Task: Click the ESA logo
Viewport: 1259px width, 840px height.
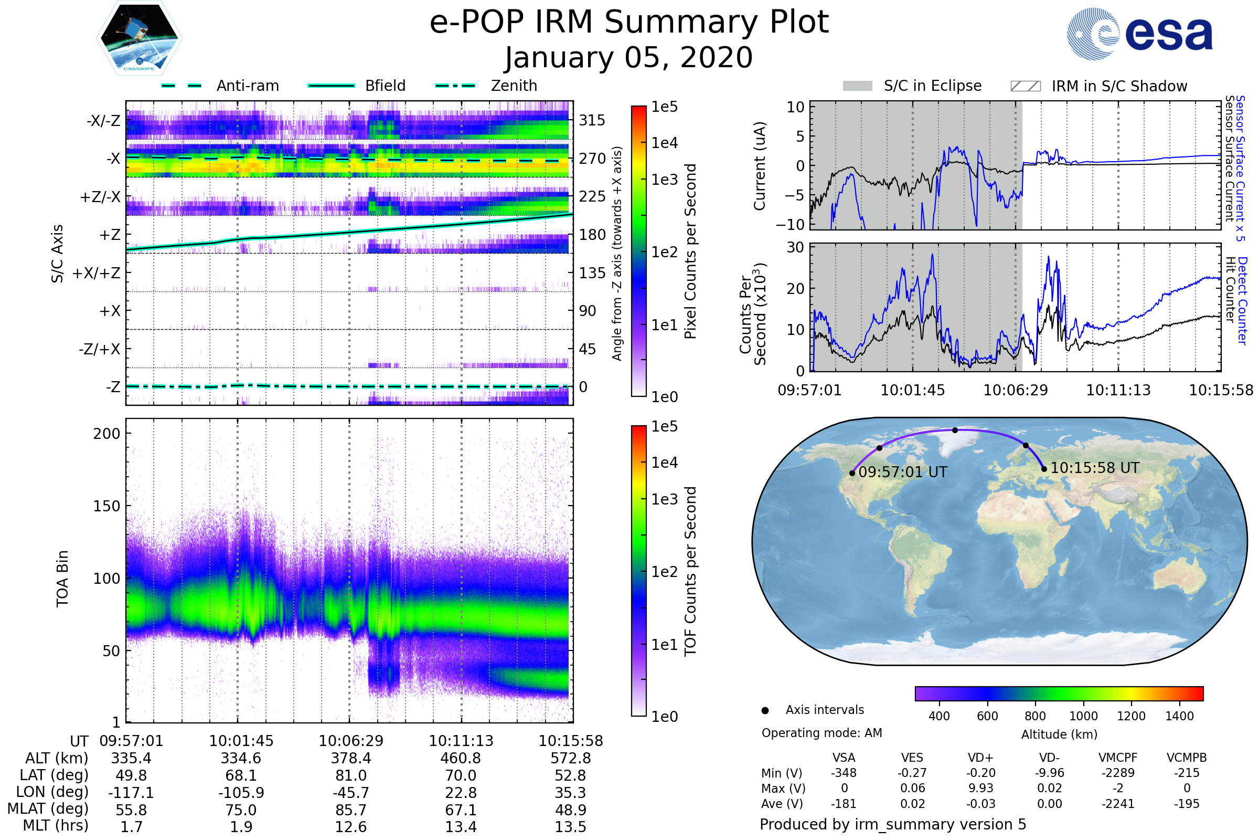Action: point(1139,34)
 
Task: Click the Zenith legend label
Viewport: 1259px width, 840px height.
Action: point(514,86)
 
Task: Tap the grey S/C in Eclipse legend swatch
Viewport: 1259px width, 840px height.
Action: point(858,86)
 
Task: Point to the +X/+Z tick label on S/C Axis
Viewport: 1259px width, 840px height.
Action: point(97,273)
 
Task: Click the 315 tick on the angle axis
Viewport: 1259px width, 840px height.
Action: point(592,120)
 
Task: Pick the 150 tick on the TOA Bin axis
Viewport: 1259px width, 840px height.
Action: point(106,506)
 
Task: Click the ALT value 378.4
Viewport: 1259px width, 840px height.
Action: point(350,758)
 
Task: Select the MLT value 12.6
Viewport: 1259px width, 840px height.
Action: point(350,826)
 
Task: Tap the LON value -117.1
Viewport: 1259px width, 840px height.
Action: point(131,792)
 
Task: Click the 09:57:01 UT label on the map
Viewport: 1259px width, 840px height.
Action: point(902,472)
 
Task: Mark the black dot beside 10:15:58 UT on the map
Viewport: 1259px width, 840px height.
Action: point(1044,469)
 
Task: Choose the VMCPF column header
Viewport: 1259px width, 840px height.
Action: point(1118,758)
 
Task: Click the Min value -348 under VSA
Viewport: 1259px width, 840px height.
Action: point(844,773)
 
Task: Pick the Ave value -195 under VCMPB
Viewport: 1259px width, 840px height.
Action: point(1187,804)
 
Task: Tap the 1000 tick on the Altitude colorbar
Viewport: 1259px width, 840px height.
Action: point(1083,716)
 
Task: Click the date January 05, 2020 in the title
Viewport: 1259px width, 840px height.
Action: point(629,57)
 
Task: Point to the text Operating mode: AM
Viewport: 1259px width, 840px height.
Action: point(821,733)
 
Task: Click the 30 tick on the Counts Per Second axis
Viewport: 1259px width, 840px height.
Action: point(795,247)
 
